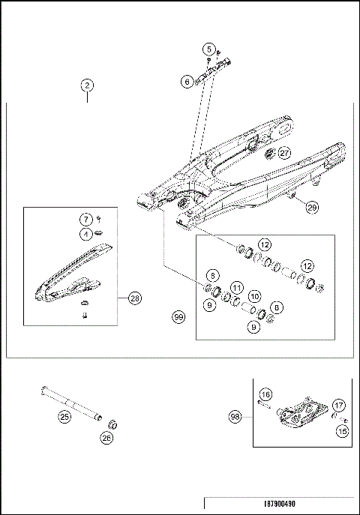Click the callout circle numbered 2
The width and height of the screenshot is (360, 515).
coord(88,85)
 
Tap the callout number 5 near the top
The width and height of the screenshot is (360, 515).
coord(208,49)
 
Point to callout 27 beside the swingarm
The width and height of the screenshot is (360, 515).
coord(284,152)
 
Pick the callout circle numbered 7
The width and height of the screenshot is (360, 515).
coord(87,219)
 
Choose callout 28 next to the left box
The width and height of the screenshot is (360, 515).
coord(133,298)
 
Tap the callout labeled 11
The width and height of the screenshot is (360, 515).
coord(235,288)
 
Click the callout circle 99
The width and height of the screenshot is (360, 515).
coord(178,318)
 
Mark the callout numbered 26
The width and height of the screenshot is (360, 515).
coord(106,439)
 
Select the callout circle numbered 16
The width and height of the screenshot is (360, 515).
coord(265,394)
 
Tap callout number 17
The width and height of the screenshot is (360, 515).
coord(338,406)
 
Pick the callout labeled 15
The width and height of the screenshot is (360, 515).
coord(342,430)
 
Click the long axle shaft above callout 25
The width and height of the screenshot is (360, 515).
coord(70,401)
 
